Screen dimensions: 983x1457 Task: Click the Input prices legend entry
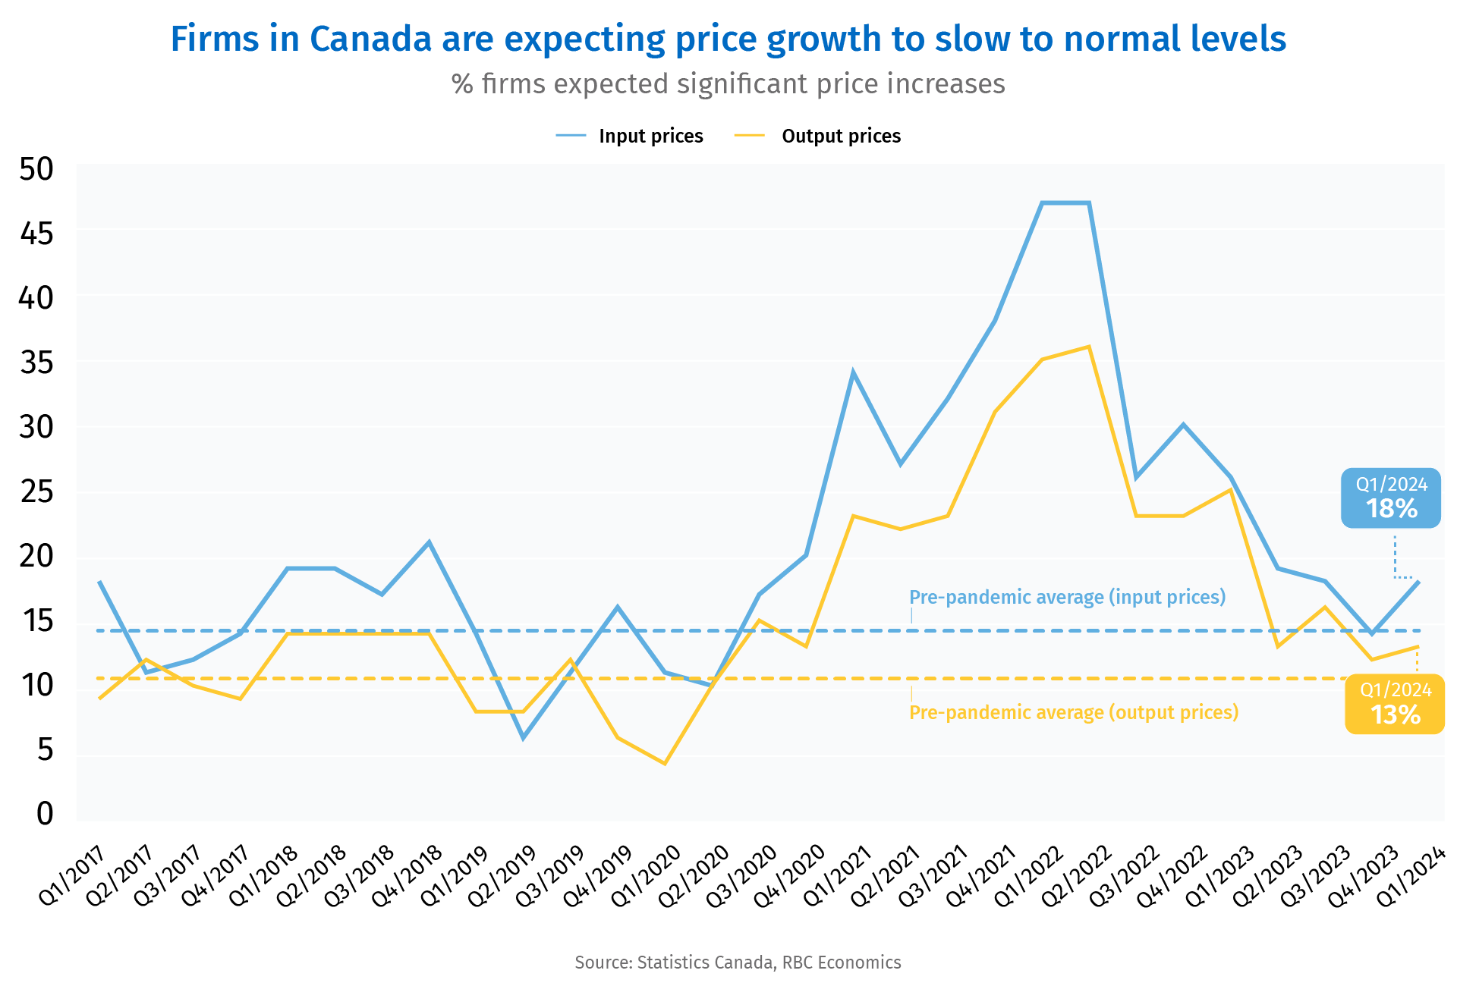click(650, 136)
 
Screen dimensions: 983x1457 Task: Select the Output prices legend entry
click(840, 136)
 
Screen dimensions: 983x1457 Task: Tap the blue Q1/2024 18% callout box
click(1390, 498)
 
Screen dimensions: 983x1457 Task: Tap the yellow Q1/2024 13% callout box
click(1395, 703)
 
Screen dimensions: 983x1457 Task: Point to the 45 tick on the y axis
click(36, 234)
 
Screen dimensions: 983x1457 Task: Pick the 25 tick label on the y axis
click(36, 492)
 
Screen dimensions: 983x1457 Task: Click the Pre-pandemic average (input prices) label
click(1067, 597)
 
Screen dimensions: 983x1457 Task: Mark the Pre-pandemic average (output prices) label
click(1073, 712)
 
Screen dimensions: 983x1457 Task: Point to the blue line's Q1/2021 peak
click(853, 372)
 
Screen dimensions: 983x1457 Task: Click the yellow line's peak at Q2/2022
click(1089, 347)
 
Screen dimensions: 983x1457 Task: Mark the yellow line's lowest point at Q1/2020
click(665, 763)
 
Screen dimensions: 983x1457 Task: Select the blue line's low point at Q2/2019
click(523, 738)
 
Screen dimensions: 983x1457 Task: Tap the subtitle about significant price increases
click(728, 83)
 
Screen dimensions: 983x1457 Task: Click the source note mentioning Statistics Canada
click(738, 962)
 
